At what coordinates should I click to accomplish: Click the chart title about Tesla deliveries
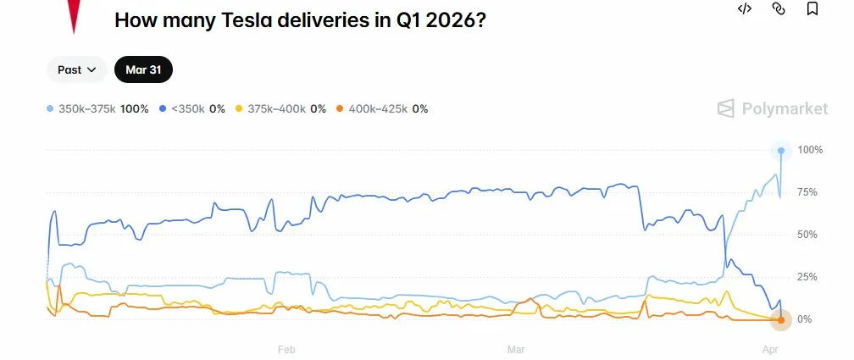point(300,19)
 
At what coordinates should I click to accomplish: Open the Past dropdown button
point(76,70)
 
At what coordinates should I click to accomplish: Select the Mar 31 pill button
point(143,70)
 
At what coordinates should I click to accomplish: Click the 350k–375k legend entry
point(97,109)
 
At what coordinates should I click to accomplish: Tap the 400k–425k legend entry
point(382,109)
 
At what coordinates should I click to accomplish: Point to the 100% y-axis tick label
point(810,150)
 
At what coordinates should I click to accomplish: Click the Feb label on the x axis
point(286,349)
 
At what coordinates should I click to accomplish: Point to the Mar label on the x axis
point(516,349)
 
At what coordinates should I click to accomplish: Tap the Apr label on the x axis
point(770,349)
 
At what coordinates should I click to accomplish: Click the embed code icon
point(745,8)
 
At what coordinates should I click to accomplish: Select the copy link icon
point(779,8)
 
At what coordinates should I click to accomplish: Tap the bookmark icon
point(812,8)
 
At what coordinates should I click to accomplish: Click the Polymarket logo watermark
point(760,108)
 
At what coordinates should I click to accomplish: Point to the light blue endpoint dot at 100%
point(781,151)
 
